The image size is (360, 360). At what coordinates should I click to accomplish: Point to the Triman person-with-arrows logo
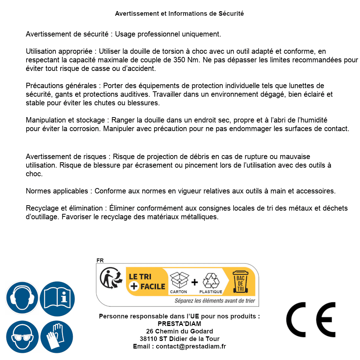[x=109, y=279]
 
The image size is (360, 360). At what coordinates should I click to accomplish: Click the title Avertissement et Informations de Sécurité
[x=179, y=14]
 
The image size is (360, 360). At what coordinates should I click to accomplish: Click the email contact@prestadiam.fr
[x=191, y=346]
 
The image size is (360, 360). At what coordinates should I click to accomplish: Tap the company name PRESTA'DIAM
[x=179, y=324]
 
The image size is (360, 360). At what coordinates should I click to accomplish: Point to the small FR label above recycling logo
[x=100, y=260]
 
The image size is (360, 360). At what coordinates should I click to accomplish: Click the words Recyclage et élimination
[x=64, y=208]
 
